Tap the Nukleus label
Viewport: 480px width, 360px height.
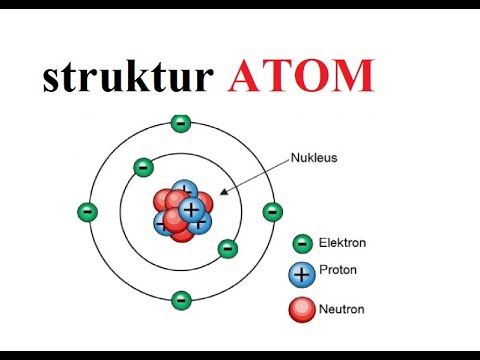pyautogui.click(x=316, y=157)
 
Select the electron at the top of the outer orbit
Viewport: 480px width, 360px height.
pyautogui.click(x=180, y=123)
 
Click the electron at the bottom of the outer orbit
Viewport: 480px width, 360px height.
pyautogui.click(x=181, y=299)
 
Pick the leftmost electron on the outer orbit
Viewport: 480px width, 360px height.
pyautogui.click(x=88, y=212)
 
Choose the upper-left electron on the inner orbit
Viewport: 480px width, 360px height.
pyautogui.click(x=143, y=167)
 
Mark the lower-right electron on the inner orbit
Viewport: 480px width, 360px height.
pyautogui.click(x=228, y=248)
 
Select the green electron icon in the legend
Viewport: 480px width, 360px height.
pyautogui.click(x=302, y=243)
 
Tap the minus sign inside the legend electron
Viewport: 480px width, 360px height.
pyautogui.click(x=302, y=243)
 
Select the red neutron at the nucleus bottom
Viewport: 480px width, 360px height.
pyautogui.click(x=181, y=232)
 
